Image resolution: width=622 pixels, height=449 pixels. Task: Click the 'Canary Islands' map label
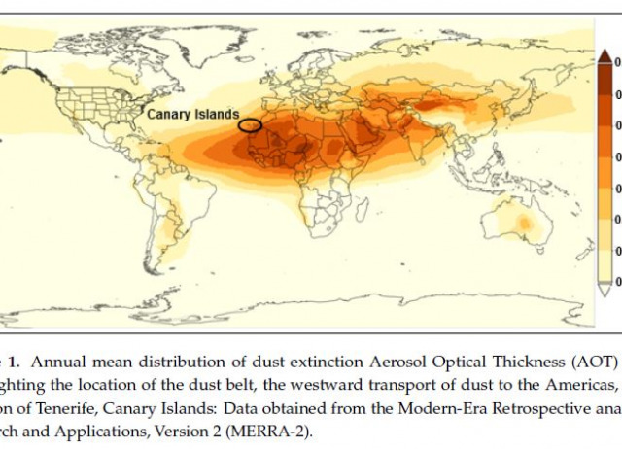pyautogui.click(x=192, y=114)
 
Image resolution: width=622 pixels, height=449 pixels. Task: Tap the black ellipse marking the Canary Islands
pyautogui.click(x=251, y=124)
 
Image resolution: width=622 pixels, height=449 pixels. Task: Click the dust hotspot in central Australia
pyautogui.click(x=524, y=224)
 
